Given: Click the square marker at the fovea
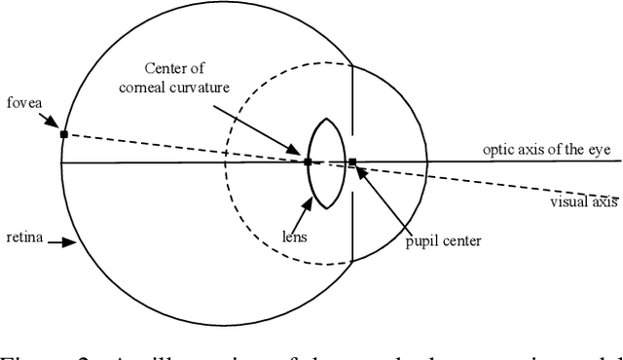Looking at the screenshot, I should (63, 133).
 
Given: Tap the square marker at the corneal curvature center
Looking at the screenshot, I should (308, 162).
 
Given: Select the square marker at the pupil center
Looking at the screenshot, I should (352, 162).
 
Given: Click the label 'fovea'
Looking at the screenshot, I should (24, 101).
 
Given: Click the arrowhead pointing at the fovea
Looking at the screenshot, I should (57, 127).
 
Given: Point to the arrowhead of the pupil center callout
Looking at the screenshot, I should (360, 170).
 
